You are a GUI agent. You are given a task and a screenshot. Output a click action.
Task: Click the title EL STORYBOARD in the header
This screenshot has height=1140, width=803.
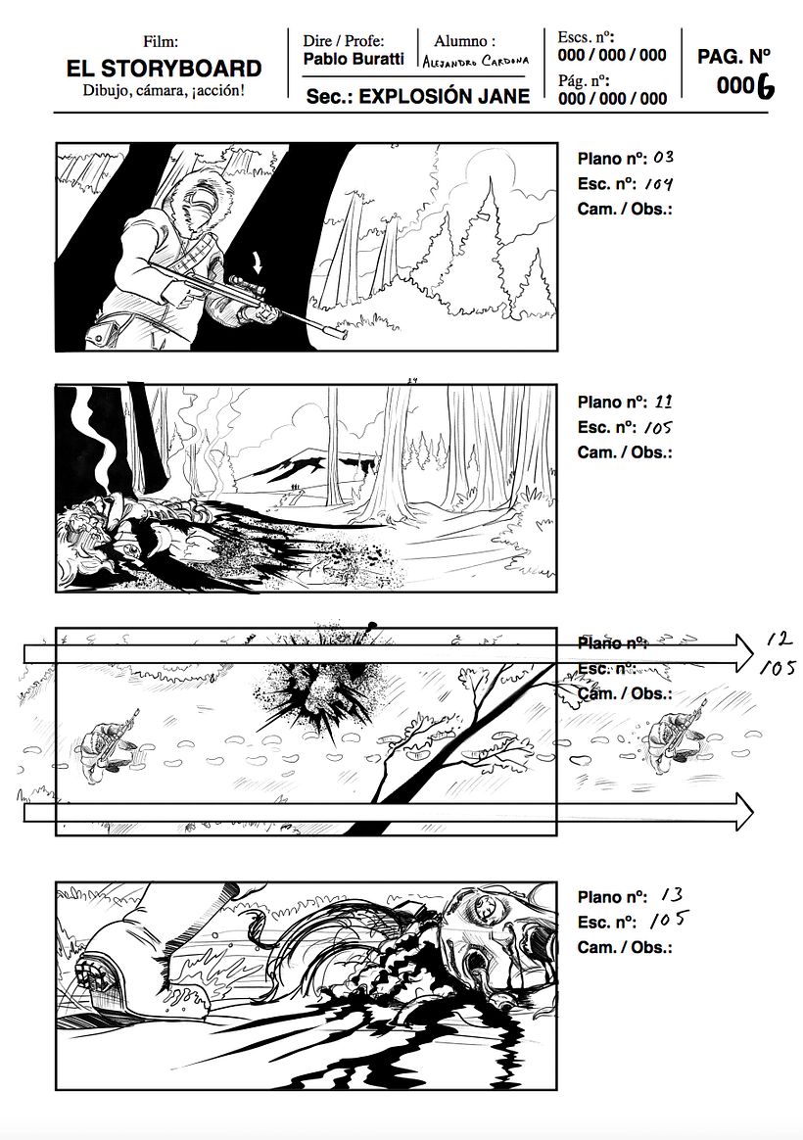pos(164,69)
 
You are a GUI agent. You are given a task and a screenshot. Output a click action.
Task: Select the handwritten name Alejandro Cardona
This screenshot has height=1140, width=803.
pos(477,62)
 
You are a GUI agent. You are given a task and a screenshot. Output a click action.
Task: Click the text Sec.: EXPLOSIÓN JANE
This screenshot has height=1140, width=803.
pos(417,96)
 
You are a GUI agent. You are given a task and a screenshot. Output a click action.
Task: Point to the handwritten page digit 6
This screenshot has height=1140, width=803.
pos(765,87)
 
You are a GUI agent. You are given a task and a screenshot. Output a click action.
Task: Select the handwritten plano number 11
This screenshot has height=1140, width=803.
pos(663,402)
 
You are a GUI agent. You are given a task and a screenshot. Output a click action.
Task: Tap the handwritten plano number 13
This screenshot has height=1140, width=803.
pos(671,896)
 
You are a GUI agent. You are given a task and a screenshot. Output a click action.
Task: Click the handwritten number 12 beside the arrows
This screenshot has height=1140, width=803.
pos(779,640)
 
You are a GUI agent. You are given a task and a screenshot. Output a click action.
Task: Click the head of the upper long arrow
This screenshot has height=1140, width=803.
pos(745,648)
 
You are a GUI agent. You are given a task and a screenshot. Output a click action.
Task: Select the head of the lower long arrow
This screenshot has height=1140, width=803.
pos(745,812)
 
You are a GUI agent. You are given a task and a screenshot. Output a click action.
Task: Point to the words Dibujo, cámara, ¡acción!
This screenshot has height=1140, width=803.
pos(164,92)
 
